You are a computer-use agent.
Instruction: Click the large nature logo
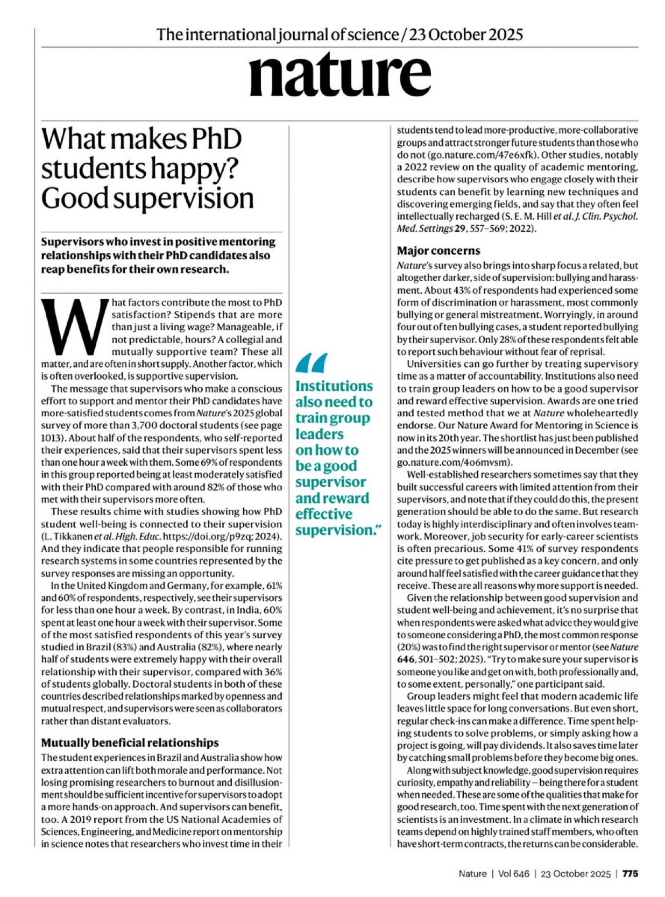click(339, 75)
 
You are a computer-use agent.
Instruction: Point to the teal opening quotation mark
click(312, 363)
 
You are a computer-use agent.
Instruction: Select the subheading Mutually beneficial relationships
click(130, 743)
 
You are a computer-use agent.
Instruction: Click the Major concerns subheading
click(438, 251)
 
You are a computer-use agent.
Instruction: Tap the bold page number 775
click(630, 874)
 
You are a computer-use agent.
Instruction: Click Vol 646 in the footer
click(513, 874)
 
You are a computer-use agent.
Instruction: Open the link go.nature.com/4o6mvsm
click(454, 462)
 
